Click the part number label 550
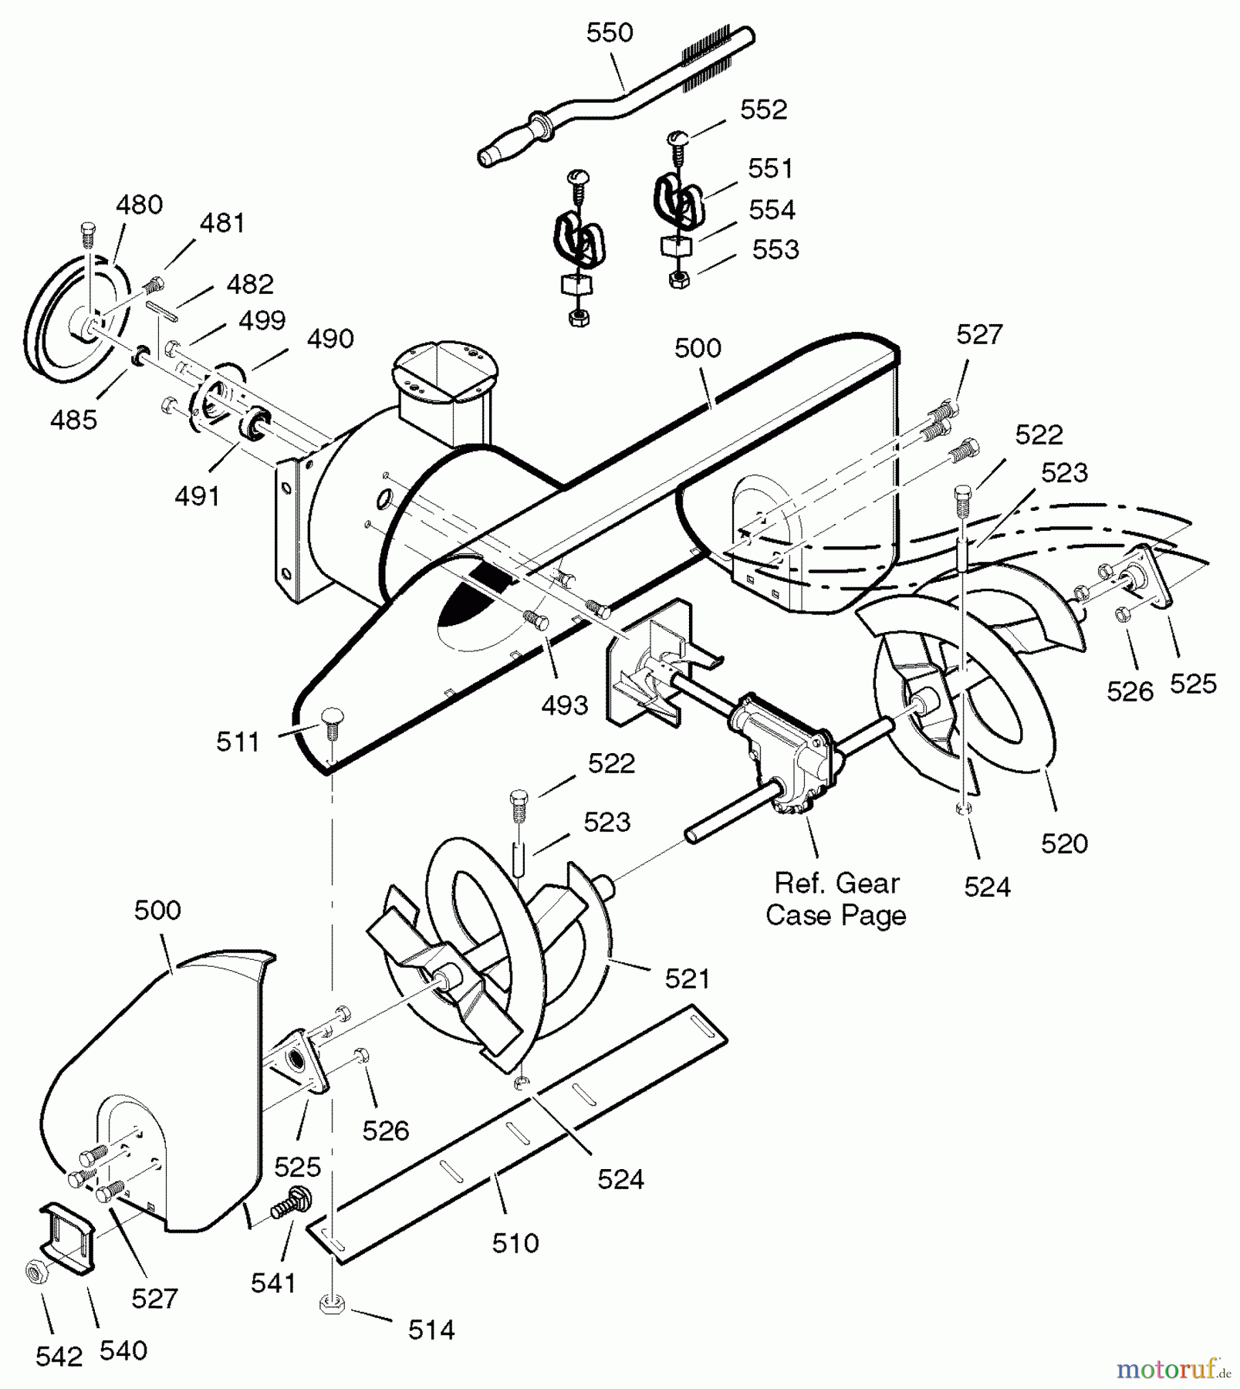(610, 33)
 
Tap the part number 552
(764, 110)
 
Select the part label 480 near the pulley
(140, 205)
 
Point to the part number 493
(565, 705)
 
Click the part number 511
(238, 742)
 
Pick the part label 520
(1065, 844)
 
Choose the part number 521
(688, 979)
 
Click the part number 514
(431, 1330)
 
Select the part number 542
(59, 1357)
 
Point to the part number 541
(274, 1283)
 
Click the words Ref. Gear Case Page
(836, 899)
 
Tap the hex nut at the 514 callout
(331, 1305)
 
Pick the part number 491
(198, 497)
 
